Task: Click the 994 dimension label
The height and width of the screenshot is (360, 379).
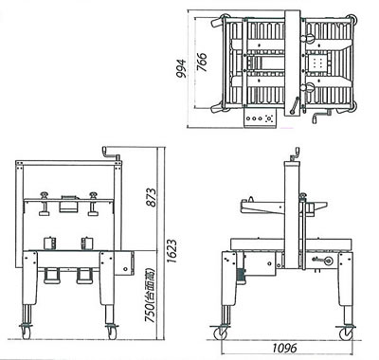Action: click(181, 69)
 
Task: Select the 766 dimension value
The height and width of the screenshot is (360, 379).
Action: click(202, 62)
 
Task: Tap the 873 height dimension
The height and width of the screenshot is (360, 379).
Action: click(152, 198)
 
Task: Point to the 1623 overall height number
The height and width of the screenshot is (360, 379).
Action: click(171, 251)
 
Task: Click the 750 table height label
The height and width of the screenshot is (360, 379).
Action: click(151, 296)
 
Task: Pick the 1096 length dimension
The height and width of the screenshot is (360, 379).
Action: click(284, 348)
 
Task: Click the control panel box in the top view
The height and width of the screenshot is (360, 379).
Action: click(261, 118)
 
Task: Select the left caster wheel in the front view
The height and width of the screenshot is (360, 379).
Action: click(26, 333)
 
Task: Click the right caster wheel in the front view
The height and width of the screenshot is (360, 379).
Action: click(112, 333)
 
